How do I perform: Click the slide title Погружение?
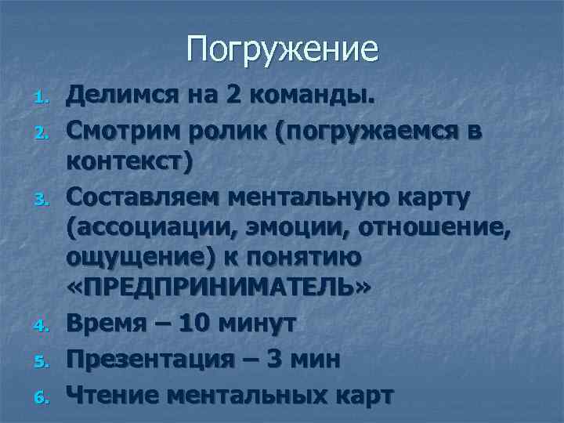pyautogui.click(x=282, y=49)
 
